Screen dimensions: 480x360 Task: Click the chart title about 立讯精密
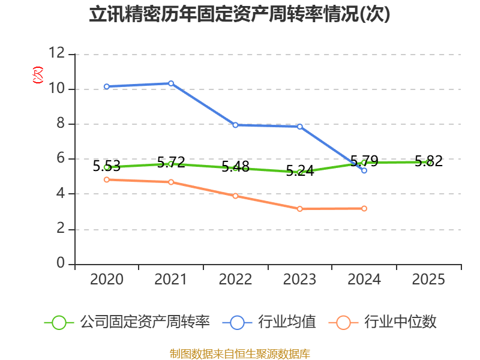point(239,14)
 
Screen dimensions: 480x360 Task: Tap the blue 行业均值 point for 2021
point(171,83)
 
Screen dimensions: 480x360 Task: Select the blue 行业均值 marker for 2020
point(107,86)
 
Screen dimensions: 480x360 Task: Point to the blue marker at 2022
point(235,125)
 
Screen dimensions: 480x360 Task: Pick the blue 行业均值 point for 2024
point(364,170)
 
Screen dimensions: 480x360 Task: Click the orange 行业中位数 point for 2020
point(107,179)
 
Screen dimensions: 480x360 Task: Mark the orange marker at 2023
point(300,209)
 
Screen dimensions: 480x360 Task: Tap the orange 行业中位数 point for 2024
point(364,208)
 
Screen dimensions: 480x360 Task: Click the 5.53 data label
point(107,166)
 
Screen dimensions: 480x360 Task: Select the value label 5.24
point(300,171)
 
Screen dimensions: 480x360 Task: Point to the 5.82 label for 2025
point(428,161)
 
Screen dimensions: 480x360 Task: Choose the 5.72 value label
point(171,162)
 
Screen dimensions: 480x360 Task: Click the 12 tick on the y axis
point(57,53)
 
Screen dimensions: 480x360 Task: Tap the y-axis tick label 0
point(61,263)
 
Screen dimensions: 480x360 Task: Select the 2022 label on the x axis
point(235,279)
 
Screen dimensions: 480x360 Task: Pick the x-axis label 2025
point(428,279)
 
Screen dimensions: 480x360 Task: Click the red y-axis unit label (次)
point(38,75)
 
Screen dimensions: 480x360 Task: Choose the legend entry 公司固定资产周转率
point(127,322)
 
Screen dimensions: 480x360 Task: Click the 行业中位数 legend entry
point(382,322)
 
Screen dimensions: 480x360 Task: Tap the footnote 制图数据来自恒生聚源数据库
point(240,354)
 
